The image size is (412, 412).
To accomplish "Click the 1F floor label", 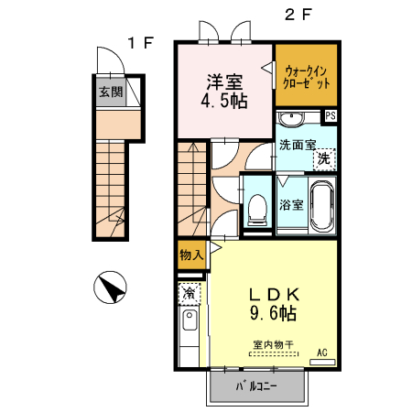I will [138, 42].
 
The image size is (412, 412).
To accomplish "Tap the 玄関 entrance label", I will [111, 91].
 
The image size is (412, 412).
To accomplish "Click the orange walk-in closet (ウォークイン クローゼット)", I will [306, 74].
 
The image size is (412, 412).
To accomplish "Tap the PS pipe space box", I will [331, 115].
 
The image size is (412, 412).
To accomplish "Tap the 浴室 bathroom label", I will [291, 204].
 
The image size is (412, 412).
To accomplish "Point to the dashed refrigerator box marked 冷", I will [188, 294].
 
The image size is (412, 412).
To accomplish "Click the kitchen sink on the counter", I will [189, 320].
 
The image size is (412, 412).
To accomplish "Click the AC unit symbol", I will [322, 361].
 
